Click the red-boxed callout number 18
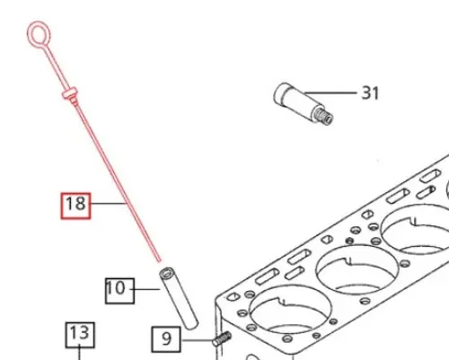pyautogui.click(x=75, y=206)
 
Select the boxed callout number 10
pyautogui.click(x=119, y=291)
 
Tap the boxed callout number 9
pyautogui.click(x=166, y=339)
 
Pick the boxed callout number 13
pyautogui.click(x=80, y=335)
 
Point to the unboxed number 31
pyautogui.click(x=370, y=92)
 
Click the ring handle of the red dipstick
pyautogui.click(x=39, y=35)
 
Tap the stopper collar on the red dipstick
pyautogui.click(x=71, y=93)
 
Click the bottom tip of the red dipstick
pyautogui.click(x=160, y=261)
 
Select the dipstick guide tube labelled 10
pyautogui.click(x=179, y=298)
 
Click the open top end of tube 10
pyautogui.click(x=166, y=273)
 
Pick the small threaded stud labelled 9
pyautogui.click(x=222, y=338)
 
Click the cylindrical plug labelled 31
pyautogui.click(x=303, y=103)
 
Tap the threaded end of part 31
pyautogui.click(x=323, y=116)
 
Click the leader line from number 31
pyautogui.click(x=330, y=92)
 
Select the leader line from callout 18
pyautogui.click(x=108, y=204)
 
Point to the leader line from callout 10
pyautogui.click(x=146, y=289)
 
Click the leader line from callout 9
pyautogui.click(x=197, y=340)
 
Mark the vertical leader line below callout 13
pyautogui.click(x=79, y=354)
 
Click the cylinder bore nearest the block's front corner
pyautogui.click(x=290, y=310)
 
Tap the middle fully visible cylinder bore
pyautogui.click(x=357, y=269)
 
